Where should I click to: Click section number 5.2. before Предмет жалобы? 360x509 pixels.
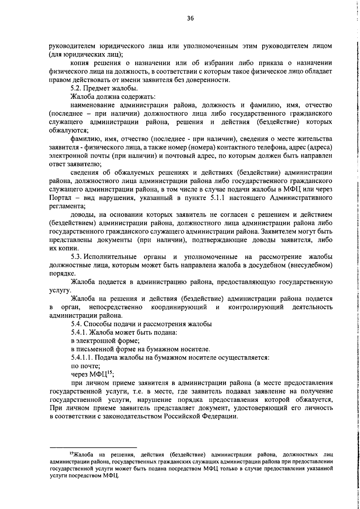pos(76,88)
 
